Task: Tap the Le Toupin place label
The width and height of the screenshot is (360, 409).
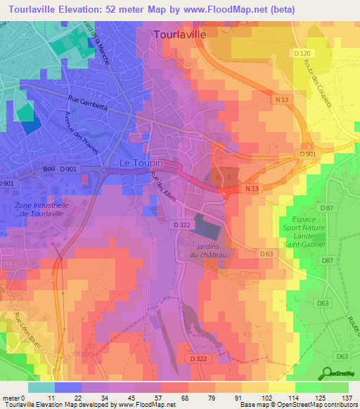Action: point(141,162)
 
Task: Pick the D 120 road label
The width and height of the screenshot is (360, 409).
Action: point(302,54)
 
